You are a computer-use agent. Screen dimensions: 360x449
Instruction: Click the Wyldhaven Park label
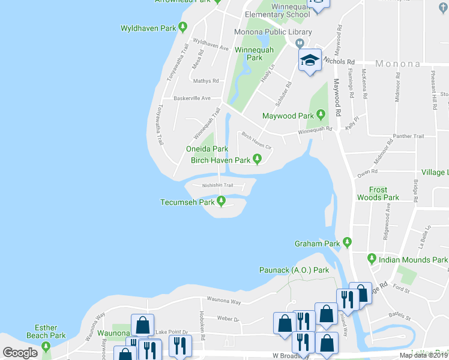[148, 28]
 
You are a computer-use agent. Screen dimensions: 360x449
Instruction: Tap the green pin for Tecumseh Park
[221, 201]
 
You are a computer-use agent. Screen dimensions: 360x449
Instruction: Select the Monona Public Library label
[273, 32]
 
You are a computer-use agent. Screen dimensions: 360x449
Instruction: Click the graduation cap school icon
[310, 60]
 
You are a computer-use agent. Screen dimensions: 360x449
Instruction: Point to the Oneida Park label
[206, 149]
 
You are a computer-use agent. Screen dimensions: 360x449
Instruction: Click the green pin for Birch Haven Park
[257, 159]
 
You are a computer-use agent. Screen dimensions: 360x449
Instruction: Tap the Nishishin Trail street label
[217, 185]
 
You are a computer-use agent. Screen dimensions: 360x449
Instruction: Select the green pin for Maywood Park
[321, 114]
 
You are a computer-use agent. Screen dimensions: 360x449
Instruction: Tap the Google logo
[20, 353]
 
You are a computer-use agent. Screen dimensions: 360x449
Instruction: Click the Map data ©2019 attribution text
[424, 355]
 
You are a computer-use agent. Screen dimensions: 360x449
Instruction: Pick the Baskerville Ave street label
[192, 98]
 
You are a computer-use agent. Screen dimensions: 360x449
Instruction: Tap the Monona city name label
[398, 64]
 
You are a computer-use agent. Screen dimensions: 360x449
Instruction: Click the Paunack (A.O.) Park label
[294, 270]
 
